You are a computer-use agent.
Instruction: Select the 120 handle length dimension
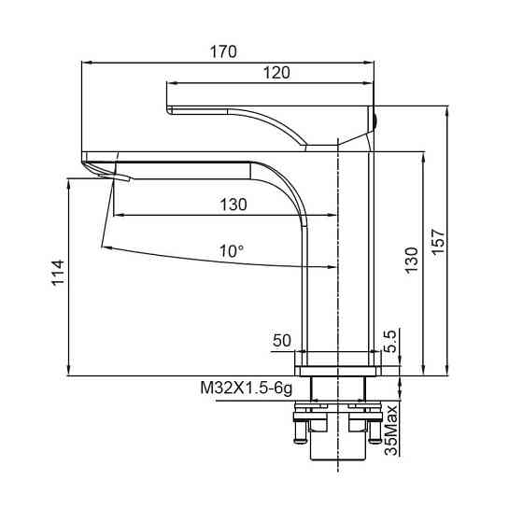276,72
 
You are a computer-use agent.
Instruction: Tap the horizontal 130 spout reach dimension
233,205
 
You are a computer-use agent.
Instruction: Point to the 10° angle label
232,251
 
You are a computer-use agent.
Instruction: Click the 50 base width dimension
281,342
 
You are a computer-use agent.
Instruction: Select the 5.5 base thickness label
392,338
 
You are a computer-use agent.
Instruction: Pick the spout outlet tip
101,172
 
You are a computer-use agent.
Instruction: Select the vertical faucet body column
353,252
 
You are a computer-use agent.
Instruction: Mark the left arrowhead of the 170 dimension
87,63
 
